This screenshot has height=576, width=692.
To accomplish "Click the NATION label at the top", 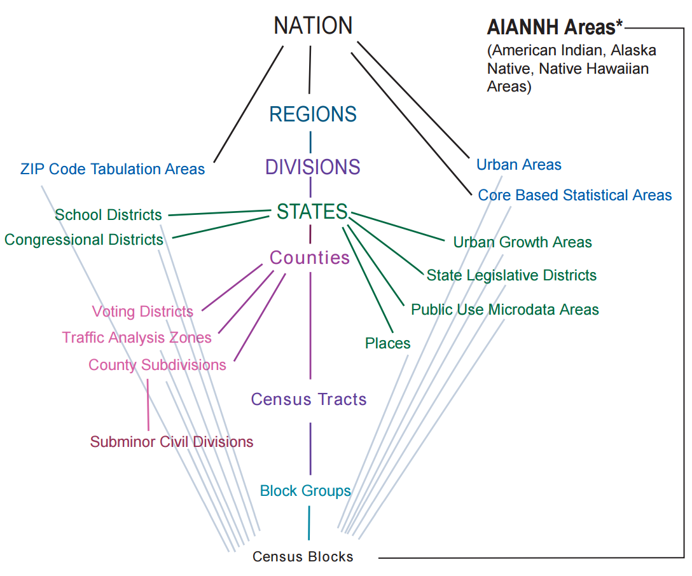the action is coord(313,26).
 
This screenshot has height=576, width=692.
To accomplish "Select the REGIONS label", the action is coord(313,114).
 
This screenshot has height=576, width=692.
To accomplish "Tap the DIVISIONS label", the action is coord(313,167).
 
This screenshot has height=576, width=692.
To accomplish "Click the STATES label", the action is coord(312,212).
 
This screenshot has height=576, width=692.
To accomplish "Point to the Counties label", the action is coord(310,257).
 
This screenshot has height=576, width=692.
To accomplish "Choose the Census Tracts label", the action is coord(309,399).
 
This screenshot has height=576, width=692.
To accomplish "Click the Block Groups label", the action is coord(305,491).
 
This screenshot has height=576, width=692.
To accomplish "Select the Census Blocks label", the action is coord(303,557).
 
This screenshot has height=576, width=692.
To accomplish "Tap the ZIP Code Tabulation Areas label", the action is coord(113,169).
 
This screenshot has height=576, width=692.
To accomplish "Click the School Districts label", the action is coord(108,215).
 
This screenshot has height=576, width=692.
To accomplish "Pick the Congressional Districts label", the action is coord(84,240).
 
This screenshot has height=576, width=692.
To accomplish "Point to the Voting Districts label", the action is coord(142,312).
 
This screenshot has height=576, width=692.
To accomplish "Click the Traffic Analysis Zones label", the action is coord(137,337).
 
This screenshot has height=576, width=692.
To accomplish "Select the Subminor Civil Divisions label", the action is coord(172,442).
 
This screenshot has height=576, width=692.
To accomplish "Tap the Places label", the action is coord(388,343).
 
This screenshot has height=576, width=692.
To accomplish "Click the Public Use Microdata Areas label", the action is coord(505,310).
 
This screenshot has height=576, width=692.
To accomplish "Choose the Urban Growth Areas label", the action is coord(523,242).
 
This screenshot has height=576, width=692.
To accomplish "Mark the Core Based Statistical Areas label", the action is coord(575,195).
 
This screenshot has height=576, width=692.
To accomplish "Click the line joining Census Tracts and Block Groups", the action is coord(310,448).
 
